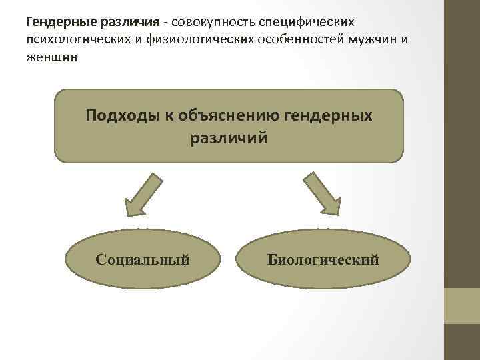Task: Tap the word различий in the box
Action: coord(229,138)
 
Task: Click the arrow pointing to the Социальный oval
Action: coord(141,194)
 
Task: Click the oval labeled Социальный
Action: coord(143,259)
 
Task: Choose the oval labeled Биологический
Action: coord(323,259)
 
